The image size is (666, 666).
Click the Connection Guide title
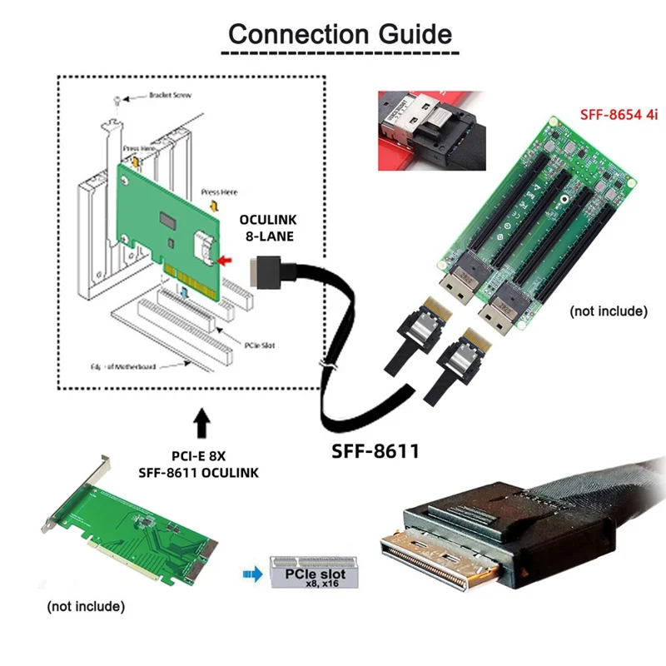(340, 35)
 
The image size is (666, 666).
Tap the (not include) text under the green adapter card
(86, 606)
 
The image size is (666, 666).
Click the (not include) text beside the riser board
(608, 311)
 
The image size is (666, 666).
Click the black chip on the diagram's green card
(170, 222)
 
